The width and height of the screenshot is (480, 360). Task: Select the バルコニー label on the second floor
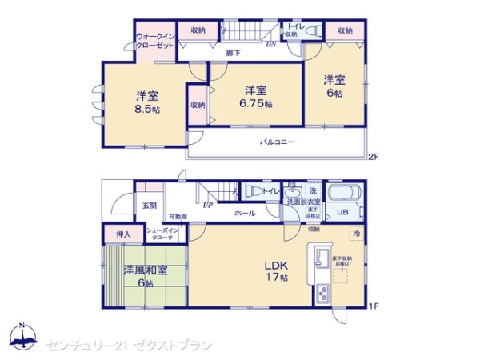coord(278,142)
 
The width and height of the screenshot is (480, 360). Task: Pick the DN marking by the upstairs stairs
coord(271,45)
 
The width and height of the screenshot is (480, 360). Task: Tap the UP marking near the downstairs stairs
coord(207,205)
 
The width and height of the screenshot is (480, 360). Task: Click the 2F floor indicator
coord(373,156)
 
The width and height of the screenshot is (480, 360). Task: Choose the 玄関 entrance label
coord(150,206)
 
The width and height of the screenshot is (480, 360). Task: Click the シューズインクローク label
coord(165,234)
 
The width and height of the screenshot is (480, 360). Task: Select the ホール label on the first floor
coord(245,214)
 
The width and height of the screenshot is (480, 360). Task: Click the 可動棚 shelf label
coord(178,217)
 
